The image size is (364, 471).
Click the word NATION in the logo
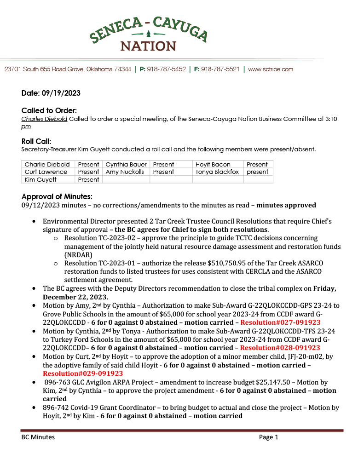[x=148, y=46]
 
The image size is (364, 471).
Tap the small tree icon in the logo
[x=148, y=34]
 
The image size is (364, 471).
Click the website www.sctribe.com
[x=271, y=69]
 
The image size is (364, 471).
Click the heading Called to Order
[x=49, y=110]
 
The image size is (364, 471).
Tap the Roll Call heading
[x=36, y=141]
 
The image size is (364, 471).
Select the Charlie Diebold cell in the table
[x=47, y=164]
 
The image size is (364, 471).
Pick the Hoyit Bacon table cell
[x=213, y=164]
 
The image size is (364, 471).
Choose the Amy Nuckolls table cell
[x=125, y=172]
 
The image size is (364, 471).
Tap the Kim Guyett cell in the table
[x=41, y=179]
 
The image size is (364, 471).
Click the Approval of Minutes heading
[x=57, y=196]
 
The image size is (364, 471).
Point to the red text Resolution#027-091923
[x=280, y=322]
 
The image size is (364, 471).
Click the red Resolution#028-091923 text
[x=280, y=348]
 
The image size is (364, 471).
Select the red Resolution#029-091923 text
[x=83, y=373]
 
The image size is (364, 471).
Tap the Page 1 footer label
[x=269, y=437]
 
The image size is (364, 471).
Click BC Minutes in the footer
[x=38, y=437]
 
